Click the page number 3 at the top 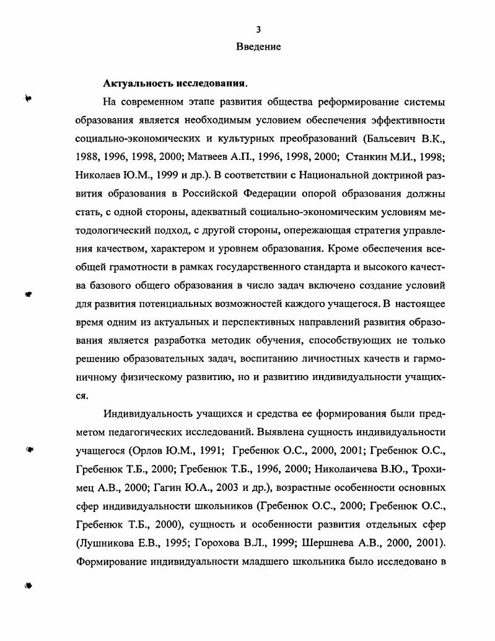coord(259,29)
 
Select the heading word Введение coord(258,46)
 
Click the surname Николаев coord(100,175)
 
